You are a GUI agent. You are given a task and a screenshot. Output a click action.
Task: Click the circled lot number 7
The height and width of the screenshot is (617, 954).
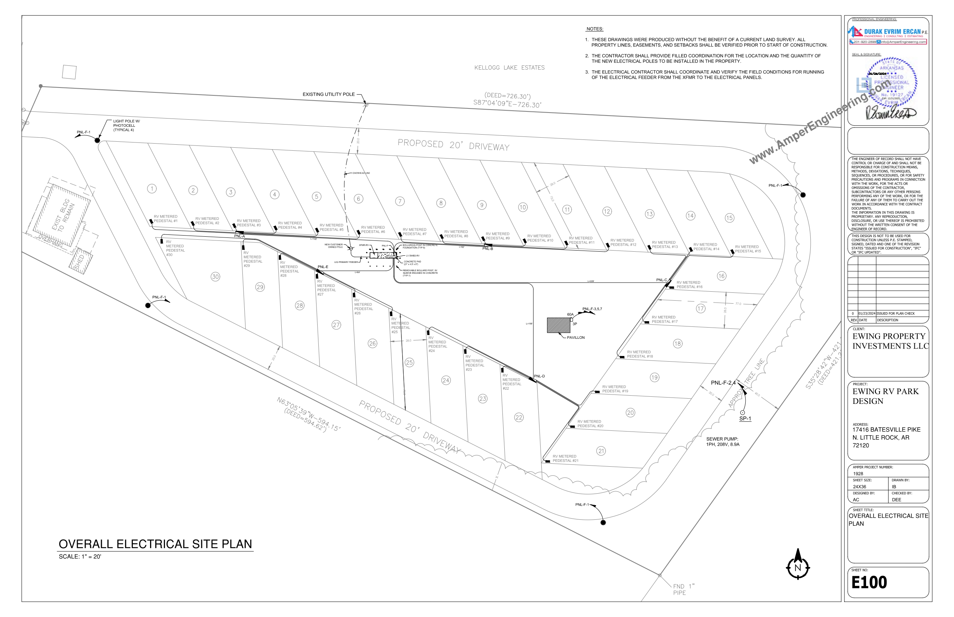400,201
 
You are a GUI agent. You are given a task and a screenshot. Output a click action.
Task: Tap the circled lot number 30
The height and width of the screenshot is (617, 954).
215,276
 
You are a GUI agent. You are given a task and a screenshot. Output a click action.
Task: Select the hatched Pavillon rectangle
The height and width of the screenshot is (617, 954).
558,325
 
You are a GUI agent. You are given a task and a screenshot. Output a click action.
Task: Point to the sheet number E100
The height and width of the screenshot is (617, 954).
869,582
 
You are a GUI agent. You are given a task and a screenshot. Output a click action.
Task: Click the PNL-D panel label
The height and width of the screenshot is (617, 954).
539,376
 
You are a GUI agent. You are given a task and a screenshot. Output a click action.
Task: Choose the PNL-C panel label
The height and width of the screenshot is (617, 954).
661,280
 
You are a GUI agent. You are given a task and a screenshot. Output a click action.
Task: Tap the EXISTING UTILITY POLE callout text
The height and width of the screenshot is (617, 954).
328,95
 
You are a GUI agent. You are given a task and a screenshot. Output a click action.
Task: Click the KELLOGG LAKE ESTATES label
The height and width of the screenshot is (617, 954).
509,68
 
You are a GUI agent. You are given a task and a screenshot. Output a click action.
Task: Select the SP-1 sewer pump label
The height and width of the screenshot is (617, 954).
745,419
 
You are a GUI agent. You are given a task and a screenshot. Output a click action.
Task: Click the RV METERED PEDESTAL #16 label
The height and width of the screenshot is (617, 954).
689,285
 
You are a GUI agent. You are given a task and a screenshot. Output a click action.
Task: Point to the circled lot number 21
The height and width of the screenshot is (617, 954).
601,451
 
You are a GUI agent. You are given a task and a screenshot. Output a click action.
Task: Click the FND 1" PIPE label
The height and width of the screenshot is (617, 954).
683,589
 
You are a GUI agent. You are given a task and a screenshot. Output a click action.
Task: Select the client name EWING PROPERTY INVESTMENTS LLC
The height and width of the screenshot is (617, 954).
890,341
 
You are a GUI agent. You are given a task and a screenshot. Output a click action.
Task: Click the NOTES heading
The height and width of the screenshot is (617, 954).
595,29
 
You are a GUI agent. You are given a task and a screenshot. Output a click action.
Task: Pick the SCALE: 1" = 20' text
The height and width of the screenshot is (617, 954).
80,556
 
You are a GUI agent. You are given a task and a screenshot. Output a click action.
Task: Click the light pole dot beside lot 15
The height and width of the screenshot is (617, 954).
803,195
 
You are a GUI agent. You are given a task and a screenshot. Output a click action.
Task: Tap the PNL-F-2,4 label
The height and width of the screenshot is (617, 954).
723,383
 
